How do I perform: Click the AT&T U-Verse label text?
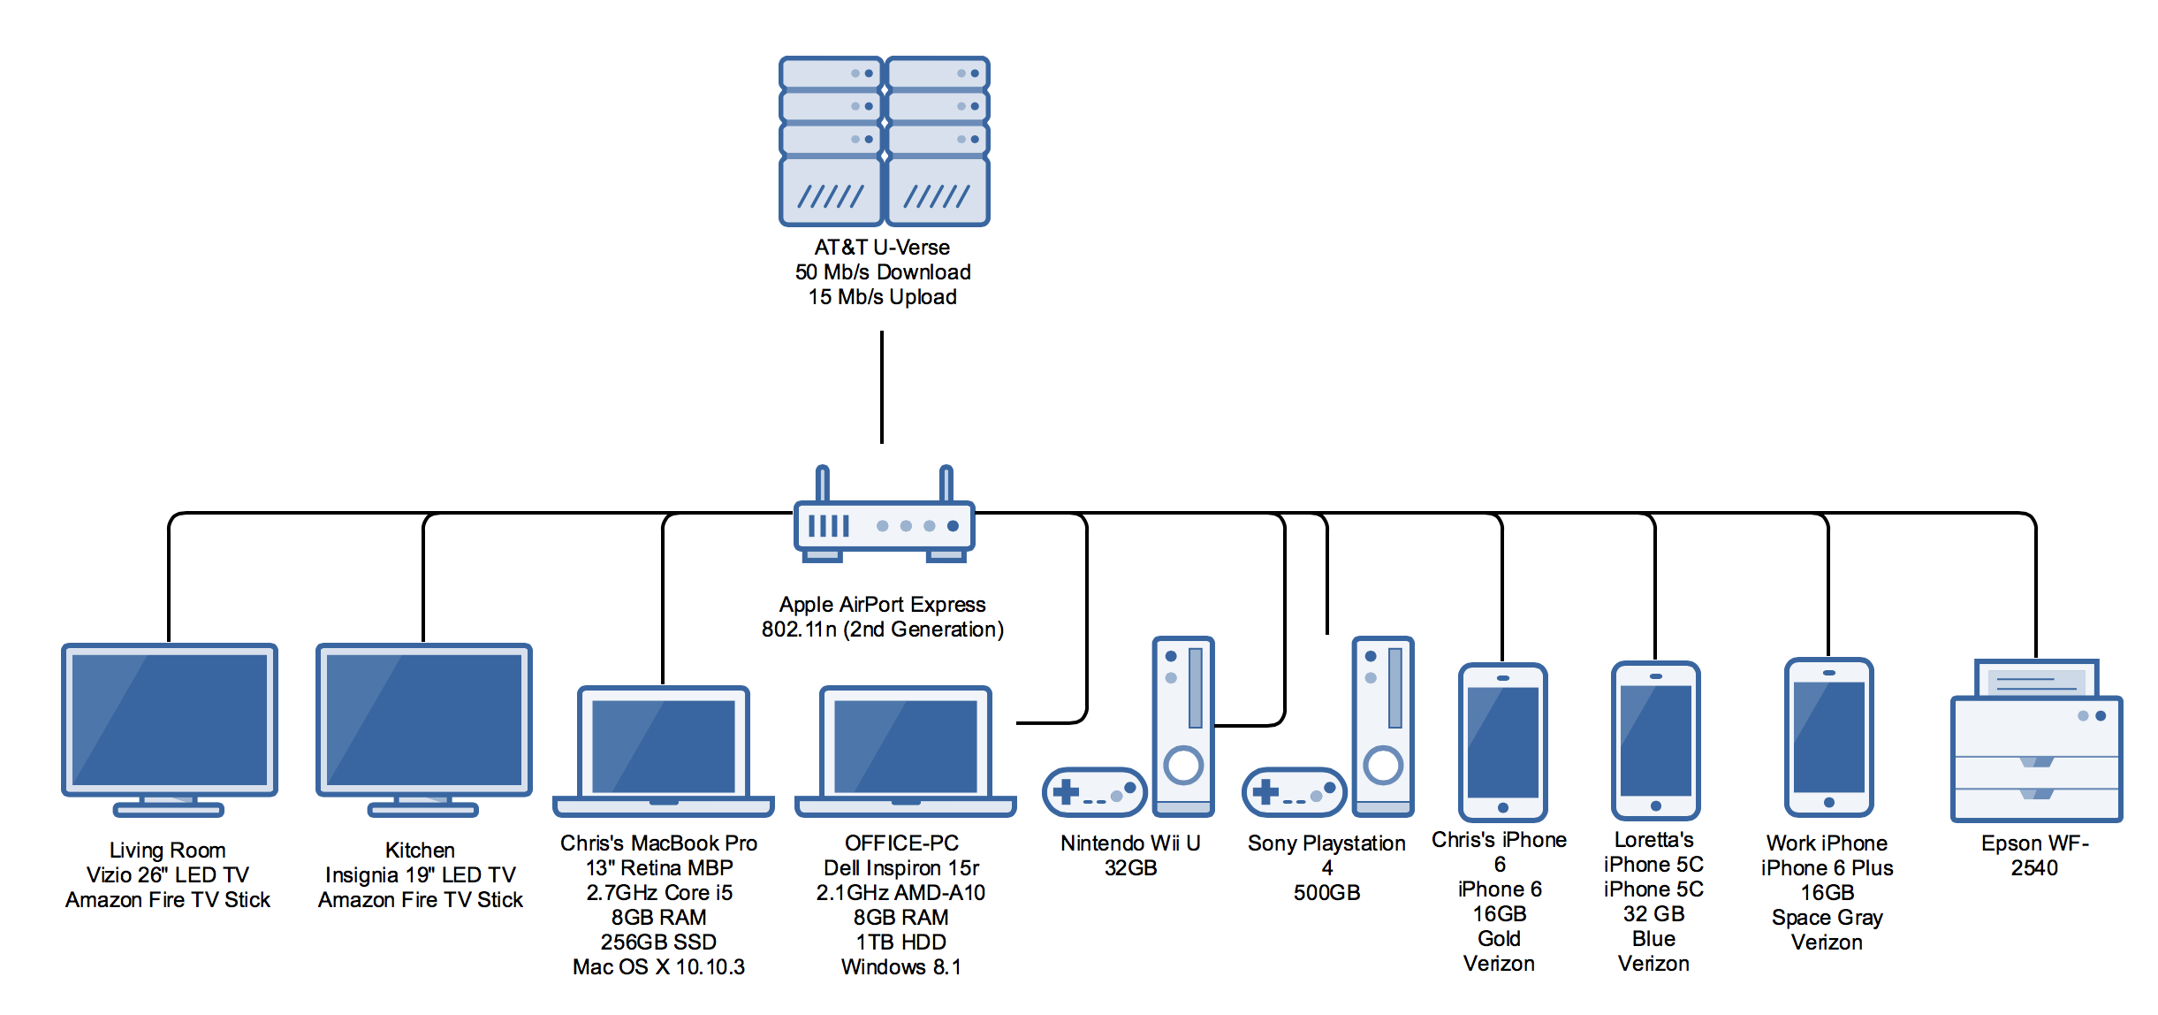click(882, 248)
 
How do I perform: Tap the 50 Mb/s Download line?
click(882, 272)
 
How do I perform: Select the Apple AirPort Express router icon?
click(884, 514)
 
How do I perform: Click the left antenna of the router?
click(822, 484)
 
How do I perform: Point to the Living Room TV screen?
click(169, 719)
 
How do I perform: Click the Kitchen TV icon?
click(423, 730)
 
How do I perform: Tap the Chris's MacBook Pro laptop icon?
click(663, 751)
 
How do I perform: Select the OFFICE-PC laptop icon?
click(905, 751)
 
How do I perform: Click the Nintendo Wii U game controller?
click(1095, 792)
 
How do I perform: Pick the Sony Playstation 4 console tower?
click(1383, 726)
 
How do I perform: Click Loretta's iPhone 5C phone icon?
click(1655, 741)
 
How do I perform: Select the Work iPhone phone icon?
click(1828, 737)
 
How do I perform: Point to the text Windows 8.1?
click(900, 967)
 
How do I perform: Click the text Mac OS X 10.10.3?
click(658, 967)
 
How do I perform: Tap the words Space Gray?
click(1827, 918)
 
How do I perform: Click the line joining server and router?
click(882, 387)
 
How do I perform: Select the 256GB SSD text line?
click(658, 942)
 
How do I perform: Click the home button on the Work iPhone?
click(1828, 803)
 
